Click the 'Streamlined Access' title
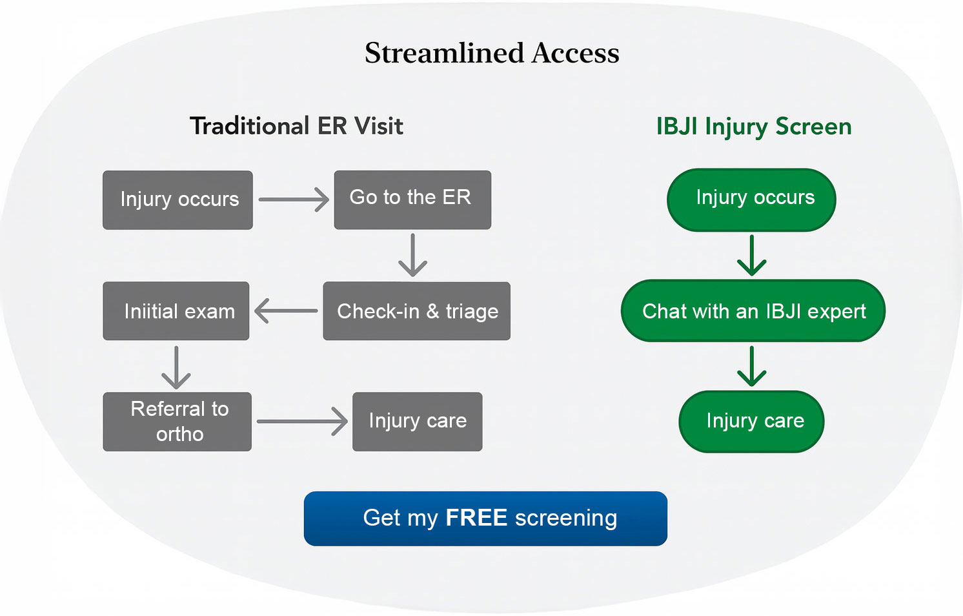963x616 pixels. (492, 53)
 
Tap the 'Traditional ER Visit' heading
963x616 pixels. (296, 126)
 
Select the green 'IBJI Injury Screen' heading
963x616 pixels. (753, 127)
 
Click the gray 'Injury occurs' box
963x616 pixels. (177, 200)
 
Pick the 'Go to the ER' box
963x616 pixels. (412, 199)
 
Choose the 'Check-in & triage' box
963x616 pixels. (416, 311)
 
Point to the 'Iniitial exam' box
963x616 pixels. (176, 311)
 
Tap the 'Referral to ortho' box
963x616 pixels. (177, 421)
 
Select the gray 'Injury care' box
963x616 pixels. (417, 421)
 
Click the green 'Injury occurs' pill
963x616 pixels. (751, 200)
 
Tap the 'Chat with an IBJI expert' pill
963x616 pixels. (753, 311)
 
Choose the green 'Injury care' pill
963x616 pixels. (751, 421)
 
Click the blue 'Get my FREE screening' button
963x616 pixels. (485, 518)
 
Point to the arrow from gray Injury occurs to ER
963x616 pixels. (294, 200)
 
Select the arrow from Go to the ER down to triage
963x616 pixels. (412, 256)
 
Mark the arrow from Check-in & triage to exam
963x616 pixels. (286, 311)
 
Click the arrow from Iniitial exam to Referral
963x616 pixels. (176, 367)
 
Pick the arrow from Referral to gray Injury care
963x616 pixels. (302, 422)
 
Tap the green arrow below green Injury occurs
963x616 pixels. (752, 256)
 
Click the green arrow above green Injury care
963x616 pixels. (752, 366)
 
